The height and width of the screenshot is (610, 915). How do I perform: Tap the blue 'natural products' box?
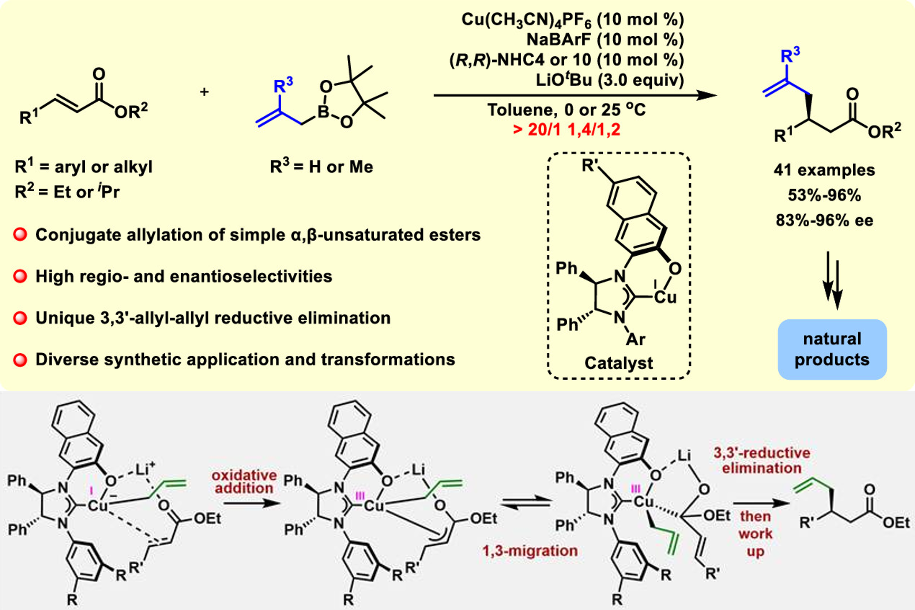832,349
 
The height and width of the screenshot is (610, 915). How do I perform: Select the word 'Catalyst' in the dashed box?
618,363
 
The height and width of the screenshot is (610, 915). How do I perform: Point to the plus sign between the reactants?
204,92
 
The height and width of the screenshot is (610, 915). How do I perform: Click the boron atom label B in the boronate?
323,112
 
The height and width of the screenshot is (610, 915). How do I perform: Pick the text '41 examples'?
824,170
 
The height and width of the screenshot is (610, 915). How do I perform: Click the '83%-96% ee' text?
824,220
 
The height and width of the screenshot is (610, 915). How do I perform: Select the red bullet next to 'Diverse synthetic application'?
20,359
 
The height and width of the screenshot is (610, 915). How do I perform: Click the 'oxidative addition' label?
244,482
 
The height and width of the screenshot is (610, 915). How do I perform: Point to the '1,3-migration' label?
530,551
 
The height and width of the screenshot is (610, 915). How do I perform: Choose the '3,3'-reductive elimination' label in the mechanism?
762,460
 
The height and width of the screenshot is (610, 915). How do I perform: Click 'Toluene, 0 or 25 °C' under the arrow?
566,110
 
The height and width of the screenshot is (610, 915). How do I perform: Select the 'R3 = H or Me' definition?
321,167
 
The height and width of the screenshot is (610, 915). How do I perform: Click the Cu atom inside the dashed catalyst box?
665,297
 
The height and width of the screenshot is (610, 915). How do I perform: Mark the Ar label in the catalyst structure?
635,339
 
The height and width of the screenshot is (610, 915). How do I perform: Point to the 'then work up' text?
755,534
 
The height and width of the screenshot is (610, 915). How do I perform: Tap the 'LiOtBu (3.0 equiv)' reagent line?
609,80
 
